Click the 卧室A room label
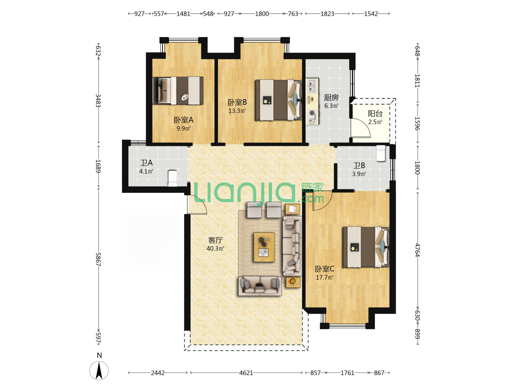183,120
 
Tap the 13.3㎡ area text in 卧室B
237,111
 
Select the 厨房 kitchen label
331,97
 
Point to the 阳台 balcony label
375,114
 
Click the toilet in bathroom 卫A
173,178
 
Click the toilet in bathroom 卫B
381,153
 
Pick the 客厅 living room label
215,240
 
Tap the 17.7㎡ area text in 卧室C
324,277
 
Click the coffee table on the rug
264,247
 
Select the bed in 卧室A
178,91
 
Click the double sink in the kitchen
312,86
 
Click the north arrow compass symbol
99,370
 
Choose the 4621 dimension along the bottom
246,373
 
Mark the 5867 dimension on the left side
98,259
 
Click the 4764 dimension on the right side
417,250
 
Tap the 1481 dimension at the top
183,14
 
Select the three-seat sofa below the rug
260,286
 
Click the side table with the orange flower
293,282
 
